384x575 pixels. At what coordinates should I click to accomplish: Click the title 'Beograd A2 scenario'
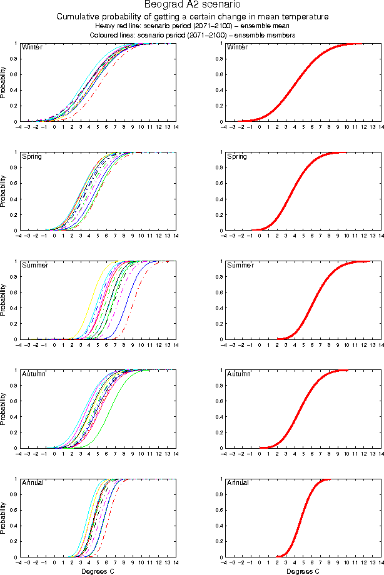click(192, 5)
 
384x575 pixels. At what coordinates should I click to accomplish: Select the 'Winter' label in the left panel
click(32, 47)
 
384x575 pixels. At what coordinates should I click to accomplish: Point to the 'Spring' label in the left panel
click(32, 156)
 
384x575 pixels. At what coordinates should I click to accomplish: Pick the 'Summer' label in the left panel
click(34, 265)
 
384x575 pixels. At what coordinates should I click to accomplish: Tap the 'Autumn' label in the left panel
click(34, 374)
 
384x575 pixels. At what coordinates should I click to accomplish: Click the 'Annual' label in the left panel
click(33, 482)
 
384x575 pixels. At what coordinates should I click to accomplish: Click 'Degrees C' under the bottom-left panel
click(98, 571)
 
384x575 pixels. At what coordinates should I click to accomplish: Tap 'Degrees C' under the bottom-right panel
click(303, 571)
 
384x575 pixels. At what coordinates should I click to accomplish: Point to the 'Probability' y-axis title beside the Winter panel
click(4, 82)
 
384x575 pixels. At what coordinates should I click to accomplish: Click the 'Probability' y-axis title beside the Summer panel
click(4, 300)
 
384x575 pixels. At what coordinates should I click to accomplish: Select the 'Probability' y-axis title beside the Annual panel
click(4, 517)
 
